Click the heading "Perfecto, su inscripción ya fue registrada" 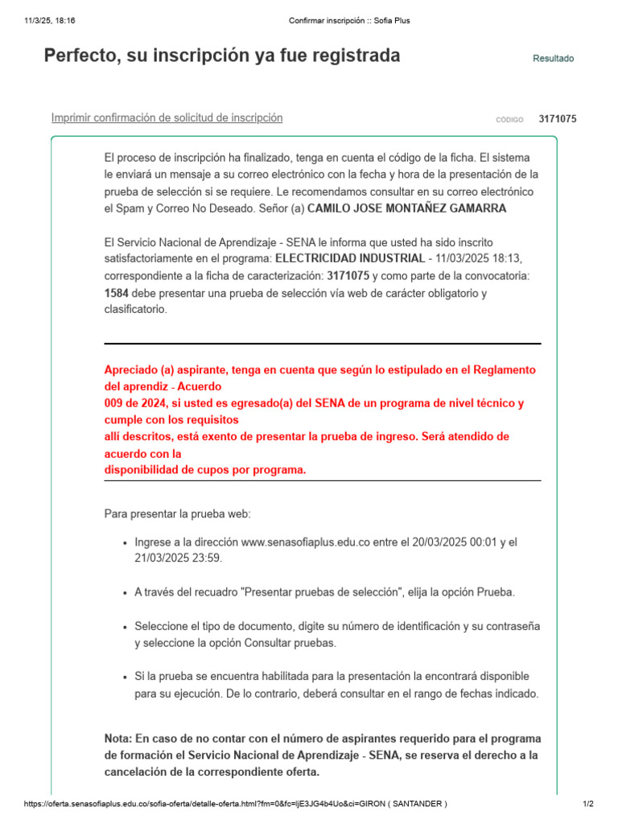(221, 56)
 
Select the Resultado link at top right (553, 59)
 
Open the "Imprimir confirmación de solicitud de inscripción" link (167, 117)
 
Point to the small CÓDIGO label (509, 120)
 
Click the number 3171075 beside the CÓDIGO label (557, 119)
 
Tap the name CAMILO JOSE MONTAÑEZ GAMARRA (407, 208)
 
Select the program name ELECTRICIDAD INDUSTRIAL (350, 258)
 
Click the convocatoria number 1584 (117, 293)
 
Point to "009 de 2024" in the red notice (133, 403)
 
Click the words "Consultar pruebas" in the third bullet (290, 643)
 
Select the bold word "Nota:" (119, 738)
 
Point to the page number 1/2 (587, 804)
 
